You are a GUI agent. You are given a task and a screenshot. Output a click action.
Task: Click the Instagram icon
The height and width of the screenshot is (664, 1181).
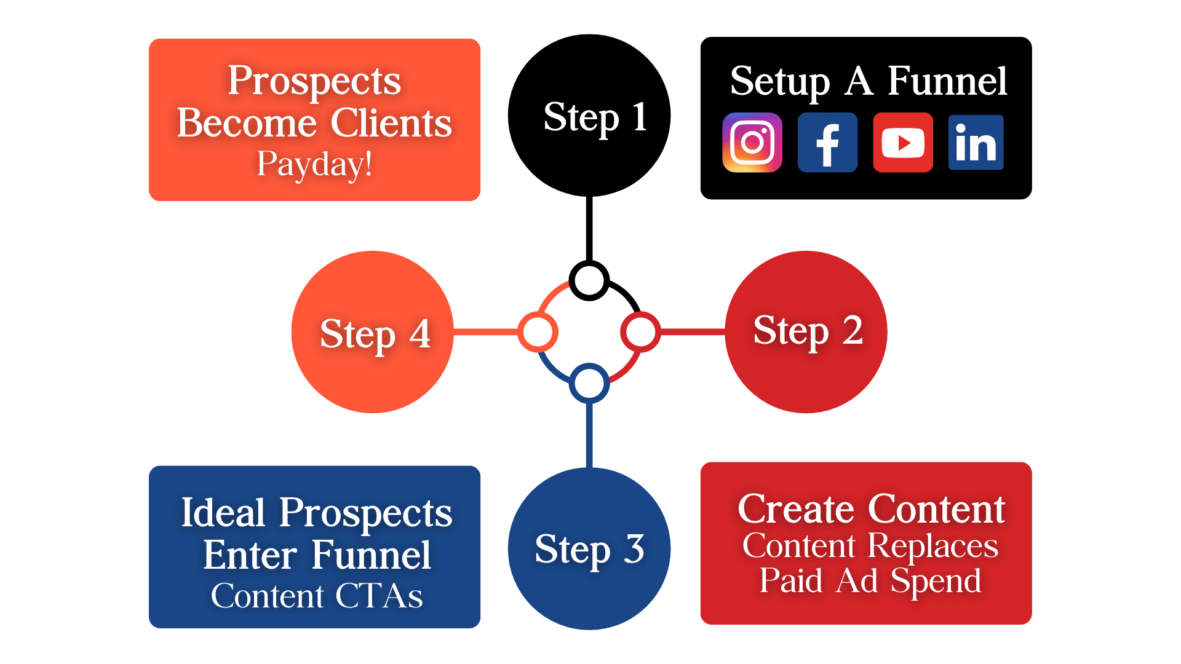click(752, 143)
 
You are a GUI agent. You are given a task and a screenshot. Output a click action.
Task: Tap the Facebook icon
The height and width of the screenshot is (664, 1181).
click(827, 143)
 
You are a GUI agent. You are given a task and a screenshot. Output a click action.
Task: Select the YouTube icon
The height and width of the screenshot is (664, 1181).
click(903, 143)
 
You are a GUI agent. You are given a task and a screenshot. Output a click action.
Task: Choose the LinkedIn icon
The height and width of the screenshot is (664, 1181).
click(976, 143)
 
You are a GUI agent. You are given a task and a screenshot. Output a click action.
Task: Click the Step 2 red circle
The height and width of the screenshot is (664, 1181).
click(806, 332)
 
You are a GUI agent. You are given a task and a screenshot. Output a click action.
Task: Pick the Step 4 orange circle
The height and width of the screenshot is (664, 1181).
click(373, 332)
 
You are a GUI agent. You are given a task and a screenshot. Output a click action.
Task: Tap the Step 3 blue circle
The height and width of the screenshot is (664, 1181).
click(589, 548)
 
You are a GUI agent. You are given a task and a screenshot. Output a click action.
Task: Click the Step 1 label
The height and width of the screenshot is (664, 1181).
click(595, 117)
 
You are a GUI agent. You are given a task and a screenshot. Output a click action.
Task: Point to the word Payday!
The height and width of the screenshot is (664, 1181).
click(314, 165)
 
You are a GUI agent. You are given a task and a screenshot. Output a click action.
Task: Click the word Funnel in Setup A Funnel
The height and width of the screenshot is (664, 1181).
click(947, 81)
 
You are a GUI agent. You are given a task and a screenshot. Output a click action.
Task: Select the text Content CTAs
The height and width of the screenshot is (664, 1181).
click(316, 596)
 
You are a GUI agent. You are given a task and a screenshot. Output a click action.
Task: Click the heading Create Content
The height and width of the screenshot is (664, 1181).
click(871, 509)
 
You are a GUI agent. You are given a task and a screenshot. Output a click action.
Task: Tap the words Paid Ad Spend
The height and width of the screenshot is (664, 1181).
click(870, 580)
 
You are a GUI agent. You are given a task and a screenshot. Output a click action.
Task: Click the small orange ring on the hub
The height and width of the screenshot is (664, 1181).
click(538, 332)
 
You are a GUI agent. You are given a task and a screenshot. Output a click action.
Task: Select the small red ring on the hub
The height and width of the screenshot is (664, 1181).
click(640, 332)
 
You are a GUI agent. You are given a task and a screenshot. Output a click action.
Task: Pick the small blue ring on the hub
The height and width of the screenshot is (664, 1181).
click(589, 383)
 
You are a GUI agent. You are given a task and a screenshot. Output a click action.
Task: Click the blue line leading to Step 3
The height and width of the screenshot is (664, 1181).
click(589, 434)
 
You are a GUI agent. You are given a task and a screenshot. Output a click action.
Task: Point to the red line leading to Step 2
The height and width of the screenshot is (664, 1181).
click(693, 332)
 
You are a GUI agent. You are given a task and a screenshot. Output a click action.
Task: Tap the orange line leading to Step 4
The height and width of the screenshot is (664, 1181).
click(486, 333)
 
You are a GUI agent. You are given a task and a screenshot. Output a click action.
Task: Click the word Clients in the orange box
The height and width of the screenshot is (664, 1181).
click(391, 123)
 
